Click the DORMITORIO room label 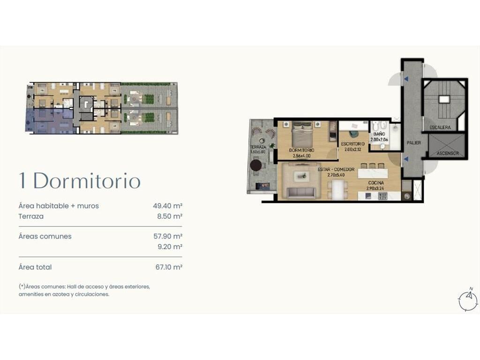[x=301, y=150]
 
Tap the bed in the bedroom [x=302, y=134]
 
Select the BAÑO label [x=379, y=134]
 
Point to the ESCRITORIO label [x=352, y=144]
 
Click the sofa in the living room [x=300, y=193]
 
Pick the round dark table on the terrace [x=256, y=165]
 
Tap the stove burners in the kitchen [x=382, y=196]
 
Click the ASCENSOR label [x=448, y=153]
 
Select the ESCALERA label [x=440, y=127]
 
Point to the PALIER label [x=413, y=143]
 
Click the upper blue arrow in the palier [x=406, y=79]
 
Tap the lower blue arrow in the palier [x=406, y=159]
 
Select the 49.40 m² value [x=168, y=206]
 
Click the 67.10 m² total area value [x=169, y=267]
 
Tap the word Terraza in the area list [x=31, y=216]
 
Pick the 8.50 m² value [x=170, y=216]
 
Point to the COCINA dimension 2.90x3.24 [x=375, y=188]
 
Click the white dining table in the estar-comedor [x=337, y=189]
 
